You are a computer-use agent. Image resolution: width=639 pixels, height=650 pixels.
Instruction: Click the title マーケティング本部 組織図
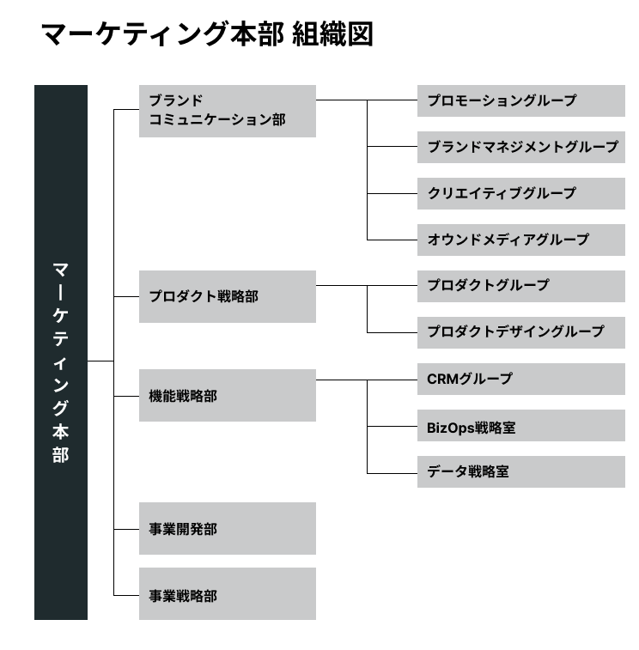[207, 34]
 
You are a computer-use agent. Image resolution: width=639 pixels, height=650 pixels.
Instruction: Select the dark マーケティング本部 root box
[61, 352]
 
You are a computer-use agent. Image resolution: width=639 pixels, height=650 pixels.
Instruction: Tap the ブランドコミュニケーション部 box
[228, 111]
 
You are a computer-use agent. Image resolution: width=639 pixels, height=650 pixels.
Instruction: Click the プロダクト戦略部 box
[228, 296]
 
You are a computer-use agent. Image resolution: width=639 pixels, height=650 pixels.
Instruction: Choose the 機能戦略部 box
[228, 396]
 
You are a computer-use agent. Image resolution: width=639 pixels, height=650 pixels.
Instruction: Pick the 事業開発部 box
[228, 529]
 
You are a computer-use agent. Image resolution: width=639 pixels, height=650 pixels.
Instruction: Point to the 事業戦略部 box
[228, 593]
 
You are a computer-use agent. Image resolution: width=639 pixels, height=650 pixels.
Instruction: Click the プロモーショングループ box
[521, 100]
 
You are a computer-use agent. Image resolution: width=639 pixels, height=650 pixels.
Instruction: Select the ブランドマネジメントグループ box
[521, 147]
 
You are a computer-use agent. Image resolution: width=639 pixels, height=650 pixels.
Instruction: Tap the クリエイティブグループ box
[521, 193]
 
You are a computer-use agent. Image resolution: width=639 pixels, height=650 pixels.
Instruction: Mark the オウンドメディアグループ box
[521, 240]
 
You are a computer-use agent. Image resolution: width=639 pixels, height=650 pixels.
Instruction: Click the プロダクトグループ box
[521, 287]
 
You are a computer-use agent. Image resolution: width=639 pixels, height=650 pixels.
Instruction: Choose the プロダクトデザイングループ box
[521, 333]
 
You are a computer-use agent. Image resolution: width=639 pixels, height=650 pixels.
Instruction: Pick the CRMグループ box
[521, 380]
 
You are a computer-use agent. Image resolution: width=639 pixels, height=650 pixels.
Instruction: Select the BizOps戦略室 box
[521, 426]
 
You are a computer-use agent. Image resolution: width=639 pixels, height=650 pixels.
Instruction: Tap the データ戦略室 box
[521, 472]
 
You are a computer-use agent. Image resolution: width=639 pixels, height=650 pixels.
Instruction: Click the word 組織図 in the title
[333, 34]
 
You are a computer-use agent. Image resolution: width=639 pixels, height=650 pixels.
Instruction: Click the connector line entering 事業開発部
[126, 529]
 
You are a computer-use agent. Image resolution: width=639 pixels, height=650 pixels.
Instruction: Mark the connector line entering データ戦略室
[393, 473]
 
